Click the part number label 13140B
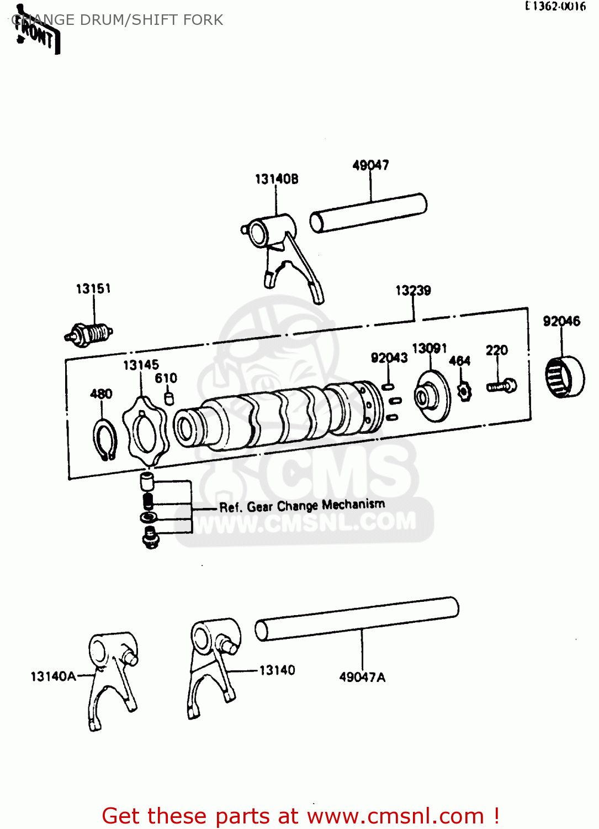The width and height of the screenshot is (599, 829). tap(276, 179)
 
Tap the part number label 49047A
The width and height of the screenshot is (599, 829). tap(362, 677)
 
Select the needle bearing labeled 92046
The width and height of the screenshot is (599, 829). tap(564, 376)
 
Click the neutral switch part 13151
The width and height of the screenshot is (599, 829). tap(91, 334)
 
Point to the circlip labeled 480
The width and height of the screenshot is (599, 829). tap(104, 439)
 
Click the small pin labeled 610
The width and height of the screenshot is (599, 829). tap(169, 398)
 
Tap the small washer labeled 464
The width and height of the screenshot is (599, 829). tap(465, 391)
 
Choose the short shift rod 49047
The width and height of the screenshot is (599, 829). tap(368, 213)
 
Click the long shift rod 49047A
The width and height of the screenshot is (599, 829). tap(357, 618)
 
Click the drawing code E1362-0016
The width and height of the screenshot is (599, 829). tap(555, 7)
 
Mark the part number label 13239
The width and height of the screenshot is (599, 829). tap(413, 291)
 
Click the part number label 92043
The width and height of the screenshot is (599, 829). tap(389, 358)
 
